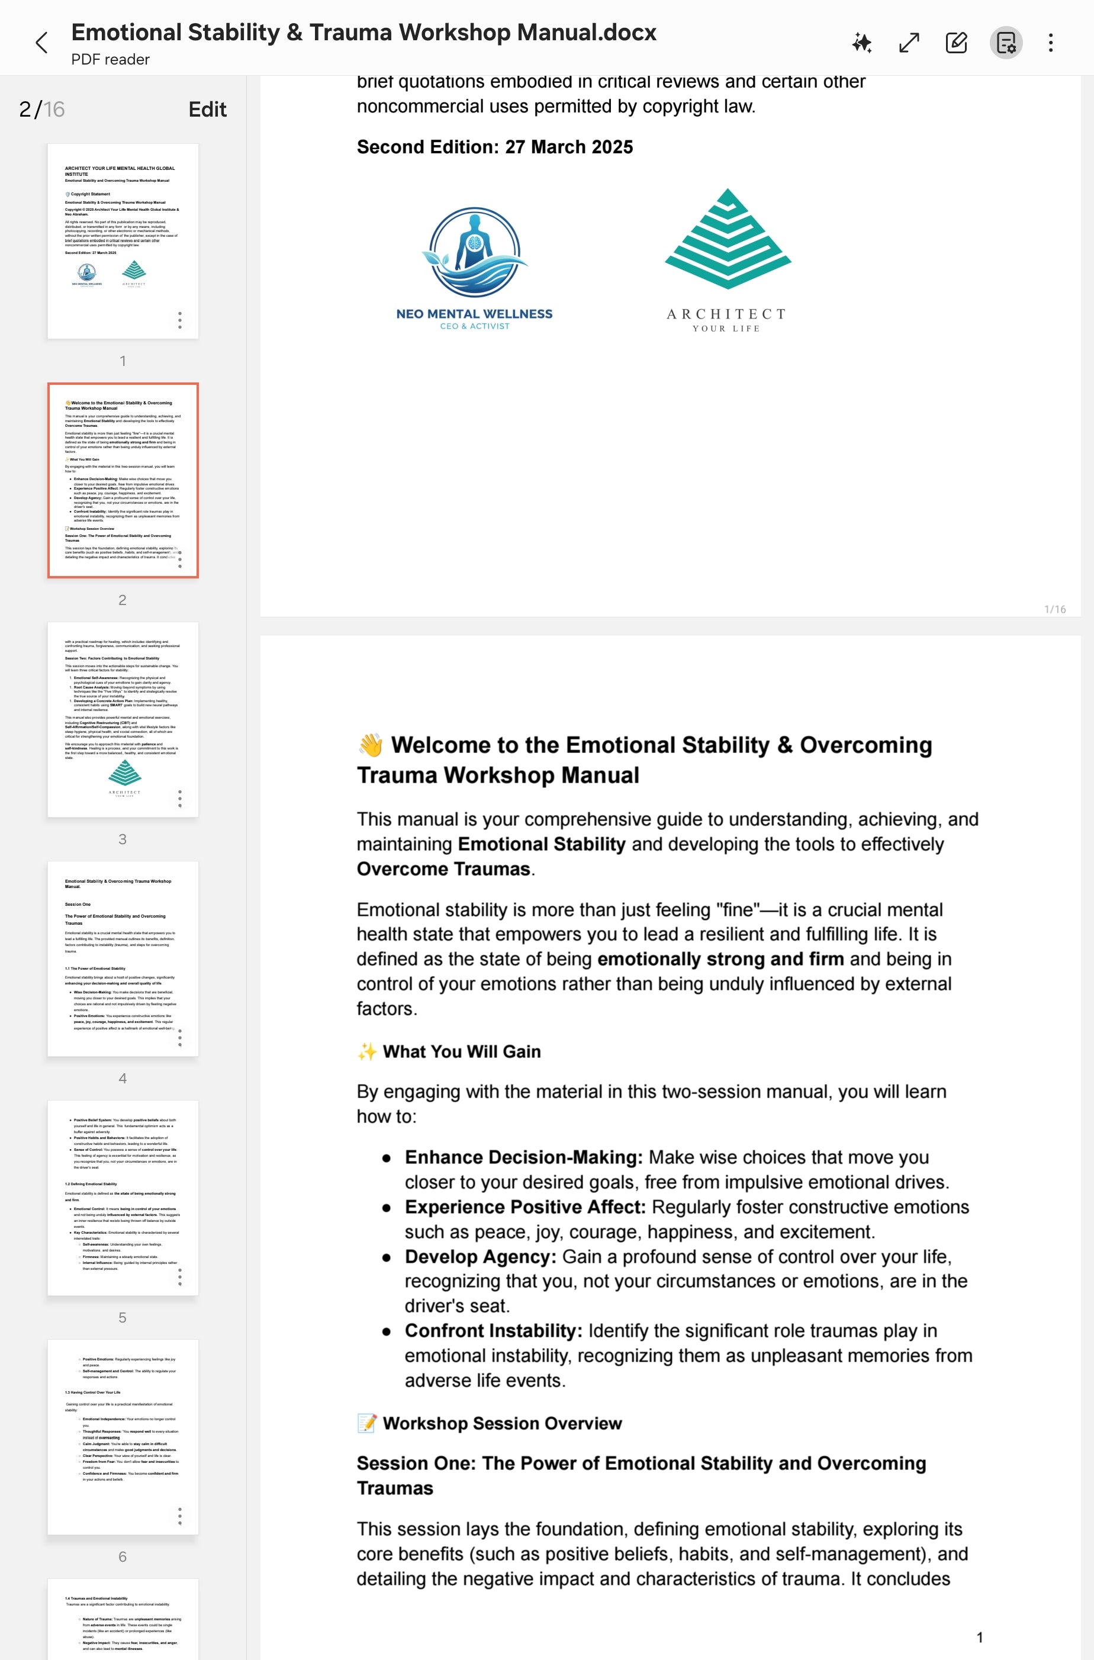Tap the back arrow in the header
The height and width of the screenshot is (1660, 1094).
point(42,43)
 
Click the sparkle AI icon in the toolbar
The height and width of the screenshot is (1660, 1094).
point(862,43)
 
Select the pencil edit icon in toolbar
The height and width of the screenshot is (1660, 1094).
point(956,43)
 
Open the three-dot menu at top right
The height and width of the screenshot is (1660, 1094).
point(1050,43)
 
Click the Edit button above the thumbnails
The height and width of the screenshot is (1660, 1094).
point(207,110)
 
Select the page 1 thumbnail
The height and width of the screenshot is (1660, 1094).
point(123,241)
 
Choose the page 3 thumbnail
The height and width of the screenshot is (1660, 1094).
point(123,719)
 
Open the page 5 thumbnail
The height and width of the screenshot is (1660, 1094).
point(123,1198)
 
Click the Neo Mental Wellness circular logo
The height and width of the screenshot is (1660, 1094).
point(474,253)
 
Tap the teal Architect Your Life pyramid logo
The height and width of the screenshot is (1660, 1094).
point(728,239)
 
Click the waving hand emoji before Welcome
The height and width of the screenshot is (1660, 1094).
point(371,745)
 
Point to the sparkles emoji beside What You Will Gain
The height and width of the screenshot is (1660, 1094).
point(367,1051)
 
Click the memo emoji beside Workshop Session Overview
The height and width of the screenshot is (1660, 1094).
point(367,1423)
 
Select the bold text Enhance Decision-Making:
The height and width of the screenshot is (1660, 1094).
point(523,1157)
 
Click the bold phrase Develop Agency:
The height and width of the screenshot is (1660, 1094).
point(480,1257)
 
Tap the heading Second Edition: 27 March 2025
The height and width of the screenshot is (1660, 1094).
point(495,147)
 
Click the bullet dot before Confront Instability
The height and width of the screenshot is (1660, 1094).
point(386,1331)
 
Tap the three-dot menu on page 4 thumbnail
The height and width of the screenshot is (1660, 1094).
point(180,1038)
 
